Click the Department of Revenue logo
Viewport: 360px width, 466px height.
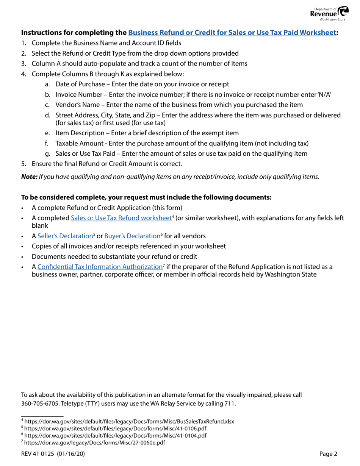[x=327, y=13]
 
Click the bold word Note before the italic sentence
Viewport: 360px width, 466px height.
[x=29, y=176]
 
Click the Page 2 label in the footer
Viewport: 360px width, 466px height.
[x=328, y=454]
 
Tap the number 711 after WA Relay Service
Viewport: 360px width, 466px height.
[x=230, y=403]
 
